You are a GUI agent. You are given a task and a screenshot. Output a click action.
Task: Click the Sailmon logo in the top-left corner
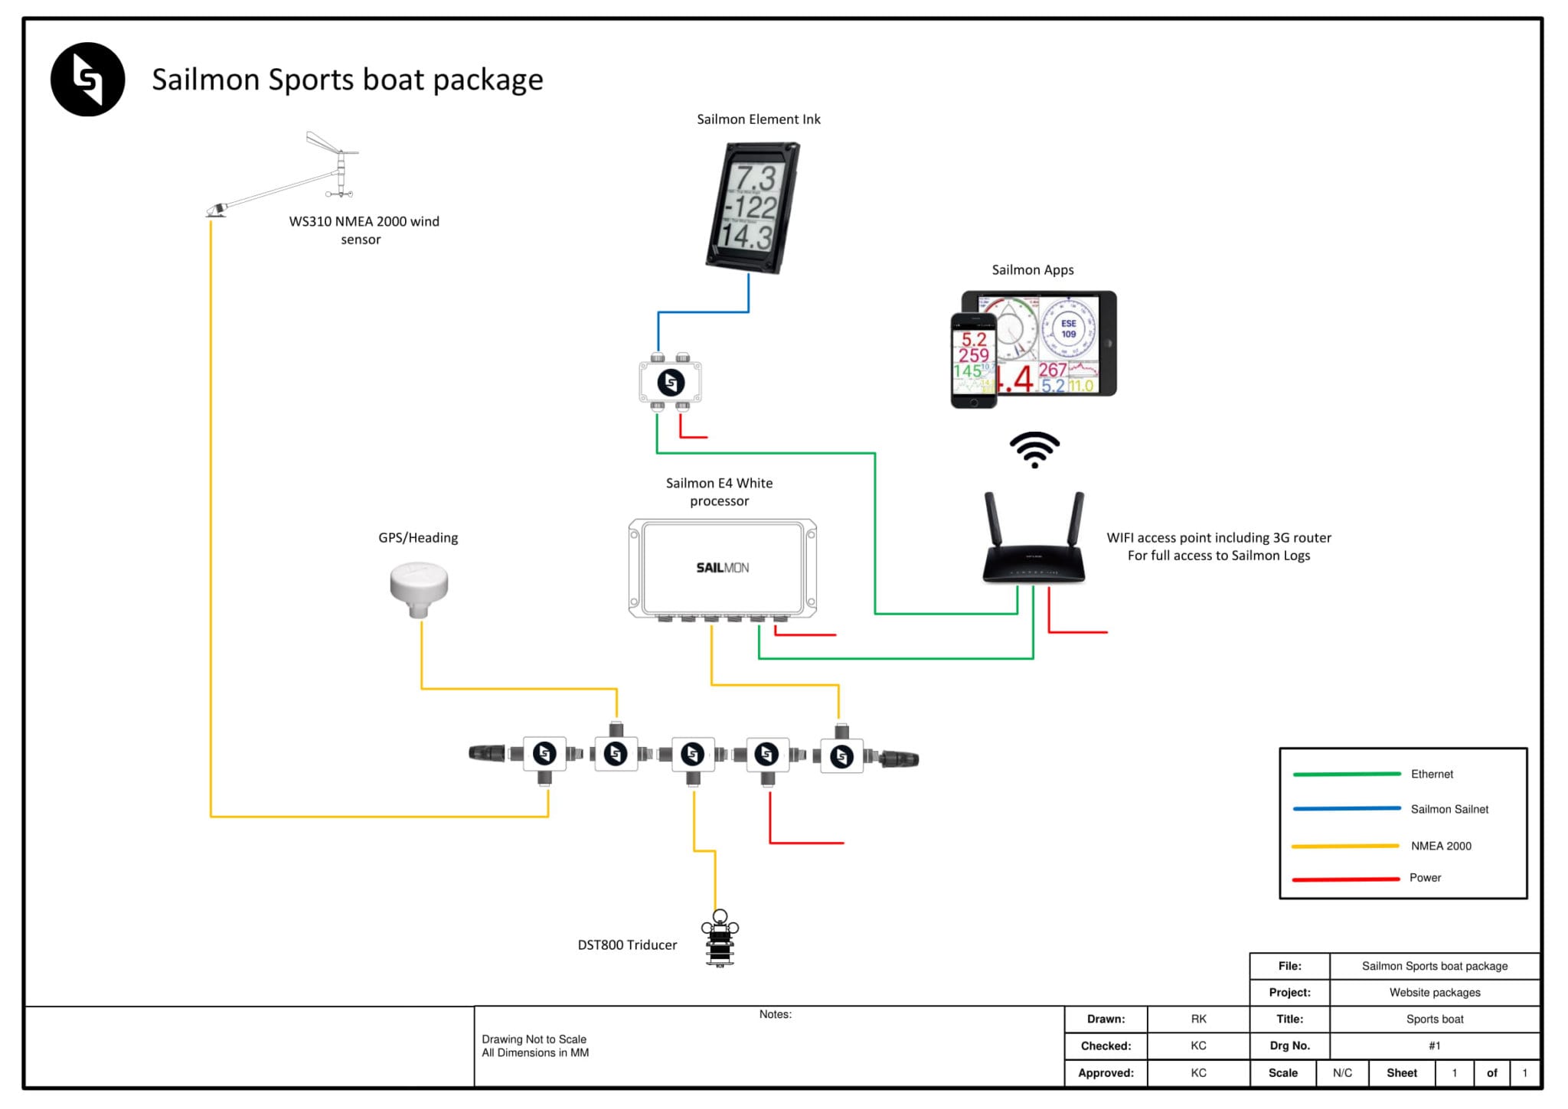click(88, 80)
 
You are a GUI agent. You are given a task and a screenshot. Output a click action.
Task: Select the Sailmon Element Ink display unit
click(753, 207)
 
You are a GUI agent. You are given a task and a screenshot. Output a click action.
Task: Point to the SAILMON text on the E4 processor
click(722, 568)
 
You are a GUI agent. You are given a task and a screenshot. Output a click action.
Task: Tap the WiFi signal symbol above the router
click(1034, 449)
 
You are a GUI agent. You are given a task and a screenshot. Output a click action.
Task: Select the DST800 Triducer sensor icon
click(720, 939)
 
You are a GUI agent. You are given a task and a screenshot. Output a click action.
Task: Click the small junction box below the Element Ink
click(671, 382)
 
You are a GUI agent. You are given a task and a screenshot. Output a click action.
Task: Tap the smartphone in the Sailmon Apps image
click(974, 360)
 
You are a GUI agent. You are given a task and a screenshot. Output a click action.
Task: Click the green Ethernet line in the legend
click(1347, 775)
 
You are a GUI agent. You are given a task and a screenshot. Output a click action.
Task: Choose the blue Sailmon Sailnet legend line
click(1347, 809)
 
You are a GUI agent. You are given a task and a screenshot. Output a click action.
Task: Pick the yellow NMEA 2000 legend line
click(1345, 846)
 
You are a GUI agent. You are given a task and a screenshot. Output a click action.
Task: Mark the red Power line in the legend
click(1346, 879)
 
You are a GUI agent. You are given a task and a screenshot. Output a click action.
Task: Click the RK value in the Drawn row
click(1198, 1019)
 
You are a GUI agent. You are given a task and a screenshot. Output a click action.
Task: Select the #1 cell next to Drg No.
click(1434, 1046)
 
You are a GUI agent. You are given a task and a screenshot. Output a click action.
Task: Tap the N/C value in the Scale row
click(1342, 1073)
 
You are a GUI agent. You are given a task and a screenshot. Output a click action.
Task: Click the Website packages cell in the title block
click(1434, 993)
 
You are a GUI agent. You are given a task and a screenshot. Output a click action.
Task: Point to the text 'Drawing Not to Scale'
click(534, 1039)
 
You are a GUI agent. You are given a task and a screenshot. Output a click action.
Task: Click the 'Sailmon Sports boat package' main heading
click(347, 80)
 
